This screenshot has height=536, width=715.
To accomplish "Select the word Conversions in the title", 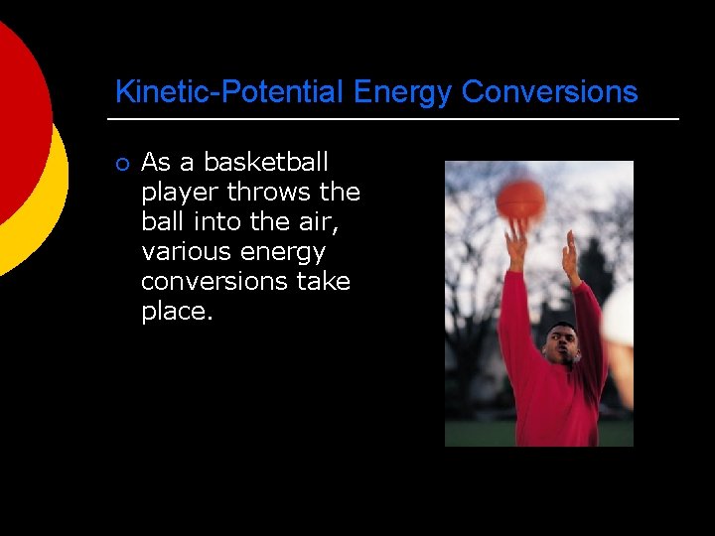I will (x=549, y=92).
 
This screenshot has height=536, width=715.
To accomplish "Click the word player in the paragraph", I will (x=180, y=192).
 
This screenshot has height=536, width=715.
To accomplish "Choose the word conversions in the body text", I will (x=214, y=281).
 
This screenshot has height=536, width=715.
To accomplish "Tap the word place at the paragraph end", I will (x=174, y=311).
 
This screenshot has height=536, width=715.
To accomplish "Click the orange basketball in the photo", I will (x=520, y=199).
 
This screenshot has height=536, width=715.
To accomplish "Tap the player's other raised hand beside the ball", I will (x=571, y=257).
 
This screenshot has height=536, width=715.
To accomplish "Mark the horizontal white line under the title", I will (x=393, y=119).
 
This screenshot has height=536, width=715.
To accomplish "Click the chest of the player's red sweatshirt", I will (x=556, y=402).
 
